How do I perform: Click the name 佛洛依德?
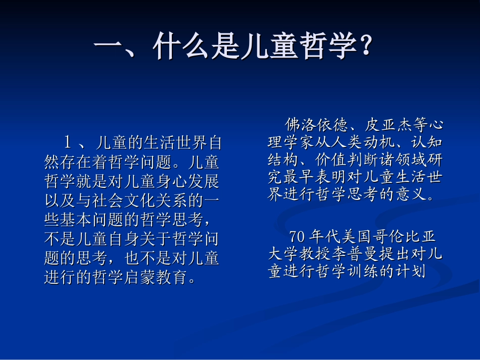(x=317, y=124)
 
